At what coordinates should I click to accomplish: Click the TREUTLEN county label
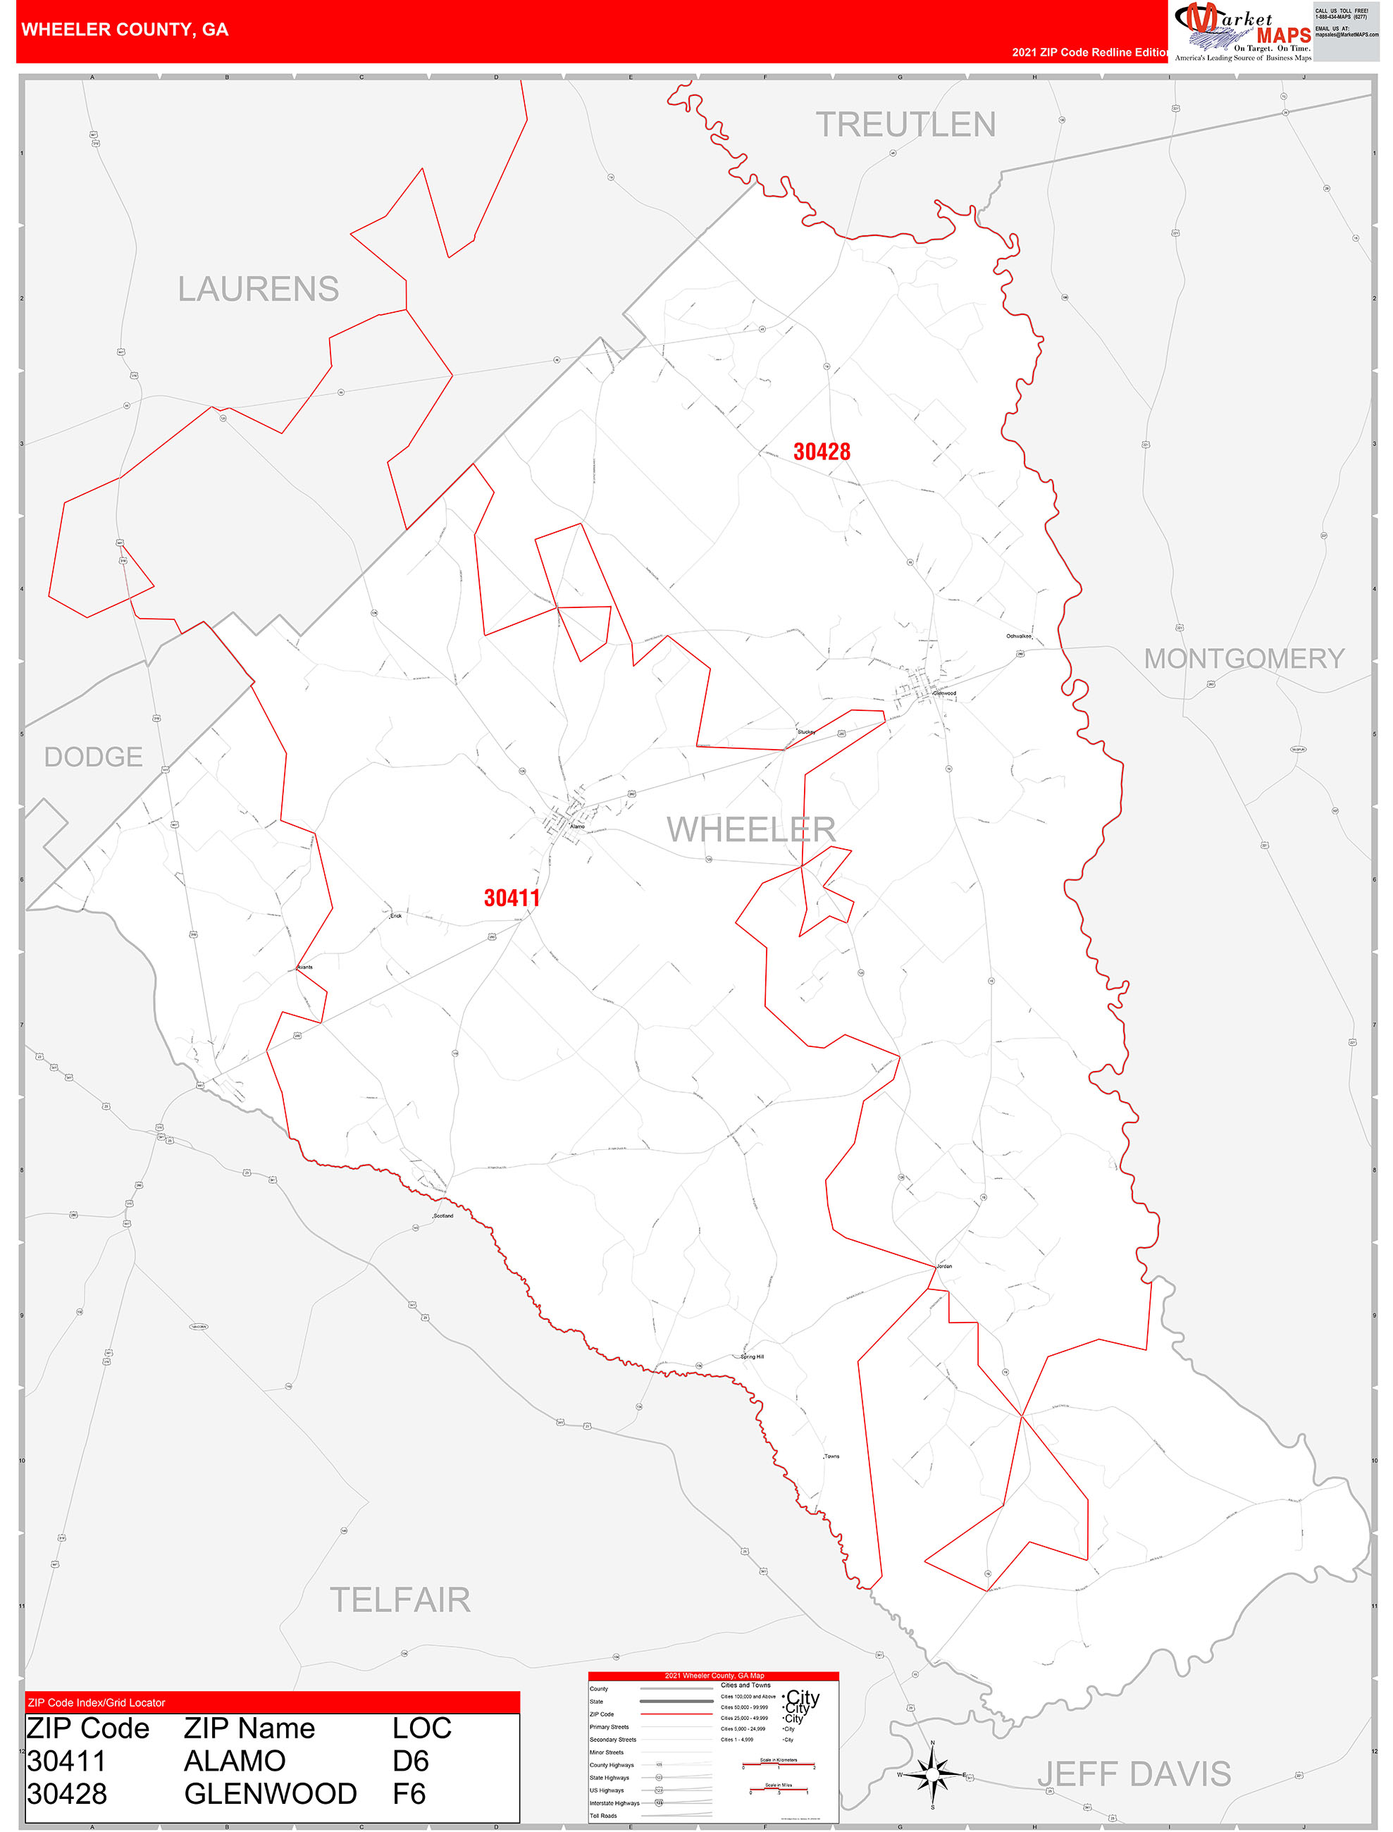pyautogui.click(x=905, y=125)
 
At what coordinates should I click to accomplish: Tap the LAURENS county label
pyautogui.click(x=258, y=290)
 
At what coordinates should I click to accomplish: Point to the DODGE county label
pyautogui.click(x=93, y=757)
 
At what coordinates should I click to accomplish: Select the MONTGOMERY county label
pyautogui.click(x=1244, y=658)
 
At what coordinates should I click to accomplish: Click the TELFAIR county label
pyautogui.click(x=400, y=1600)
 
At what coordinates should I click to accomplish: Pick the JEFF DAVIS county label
pyautogui.click(x=1134, y=1774)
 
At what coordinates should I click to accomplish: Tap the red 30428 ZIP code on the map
pyautogui.click(x=821, y=452)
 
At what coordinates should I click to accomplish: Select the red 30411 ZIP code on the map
pyautogui.click(x=512, y=898)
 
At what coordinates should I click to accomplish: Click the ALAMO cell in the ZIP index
pyautogui.click(x=235, y=1761)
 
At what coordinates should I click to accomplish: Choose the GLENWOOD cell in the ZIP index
pyautogui.click(x=271, y=1794)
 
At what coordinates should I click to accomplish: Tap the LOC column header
pyautogui.click(x=421, y=1728)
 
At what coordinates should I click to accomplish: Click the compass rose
pyautogui.click(x=933, y=1775)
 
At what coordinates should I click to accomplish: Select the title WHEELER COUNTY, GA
pyautogui.click(x=125, y=30)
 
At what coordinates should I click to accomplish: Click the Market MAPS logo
pyautogui.click(x=1242, y=32)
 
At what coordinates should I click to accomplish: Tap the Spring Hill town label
pyautogui.click(x=752, y=1357)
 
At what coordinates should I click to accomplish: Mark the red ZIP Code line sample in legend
pyautogui.click(x=676, y=1714)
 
